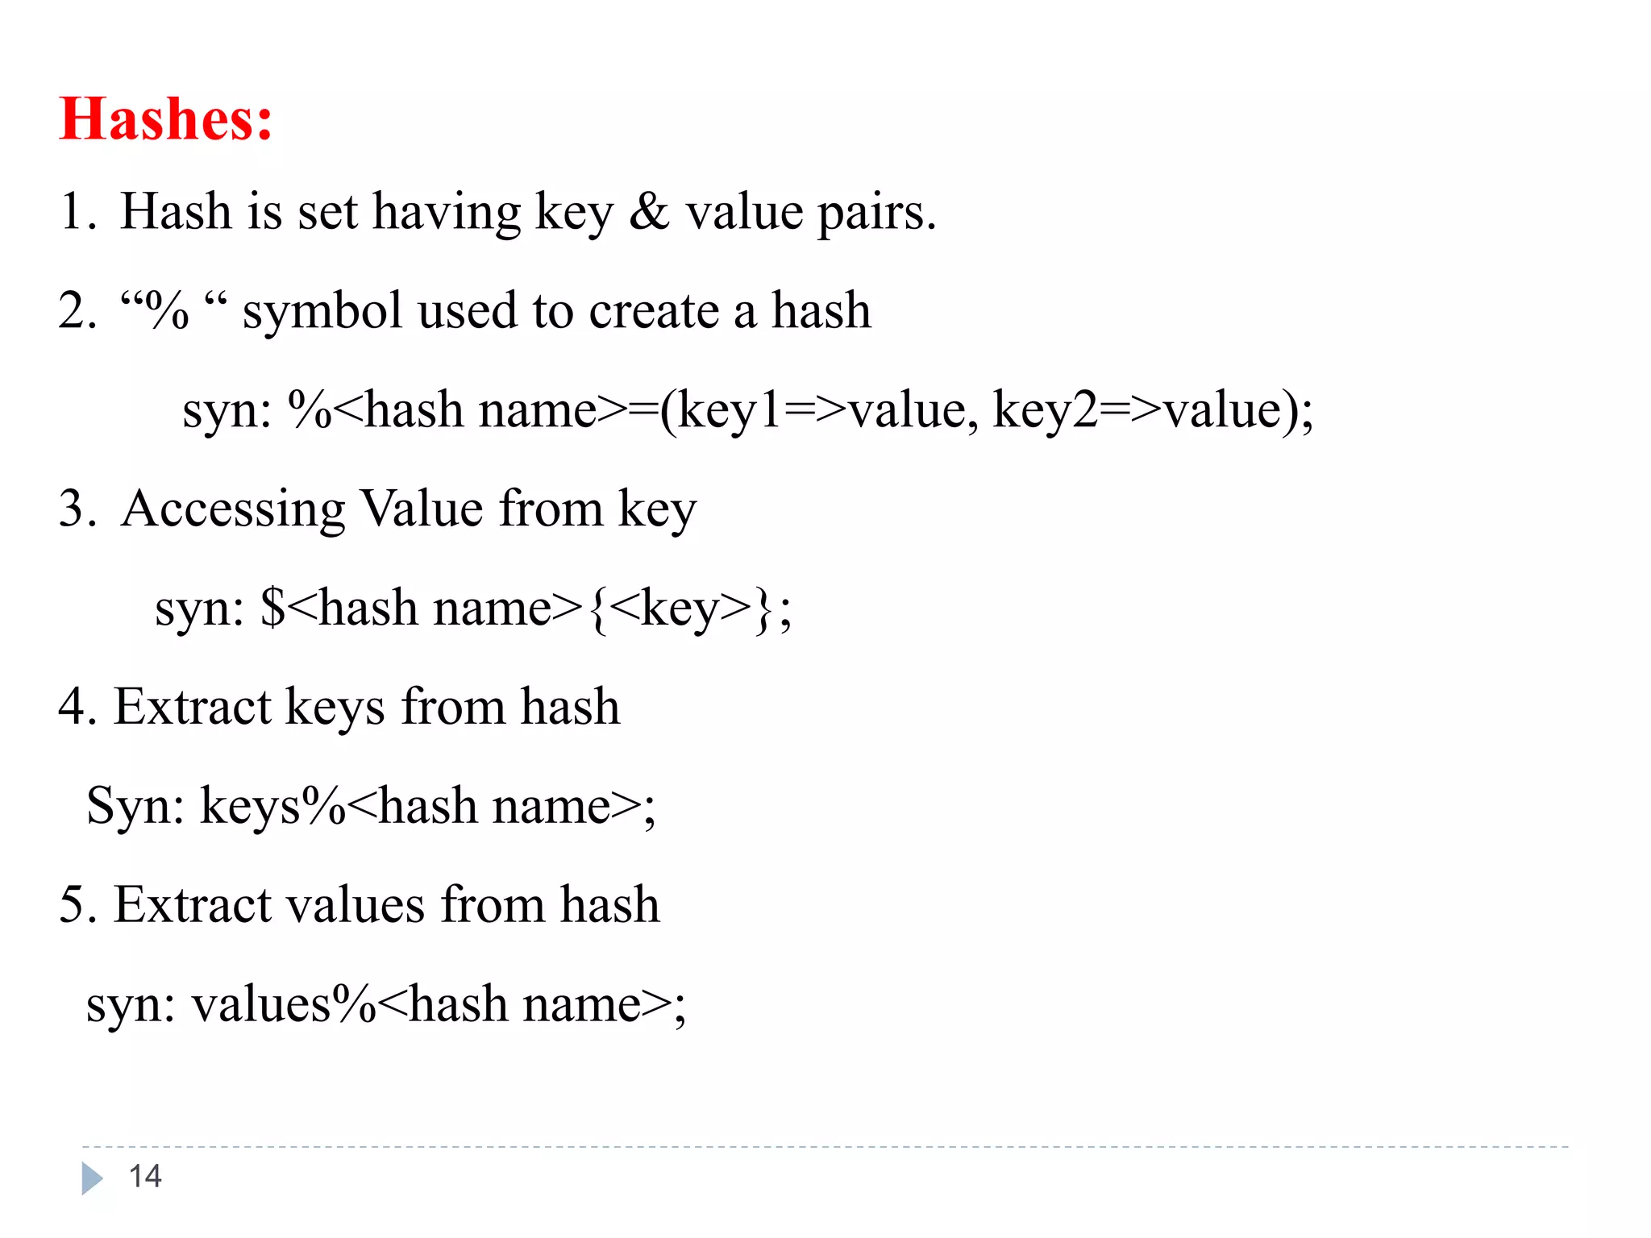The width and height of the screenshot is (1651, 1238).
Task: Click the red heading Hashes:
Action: (x=165, y=119)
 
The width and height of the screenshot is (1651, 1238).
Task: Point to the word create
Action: (x=654, y=311)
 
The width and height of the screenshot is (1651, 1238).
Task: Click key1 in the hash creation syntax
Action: (x=730, y=411)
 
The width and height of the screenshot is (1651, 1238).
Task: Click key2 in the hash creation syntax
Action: (x=1045, y=411)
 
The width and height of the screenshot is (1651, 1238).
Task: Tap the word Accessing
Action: (x=234, y=509)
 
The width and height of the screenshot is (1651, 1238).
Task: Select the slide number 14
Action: (x=145, y=1177)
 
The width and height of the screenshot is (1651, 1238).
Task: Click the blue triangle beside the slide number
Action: (x=92, y=1178)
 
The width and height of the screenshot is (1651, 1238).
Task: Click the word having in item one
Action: (x=447, y=214)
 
